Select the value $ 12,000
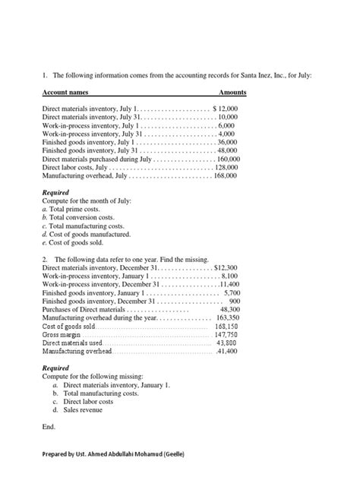[225, 109]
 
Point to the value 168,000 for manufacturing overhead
[226, 175]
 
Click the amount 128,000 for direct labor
[227, 167]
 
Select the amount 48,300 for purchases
[229, 310]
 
